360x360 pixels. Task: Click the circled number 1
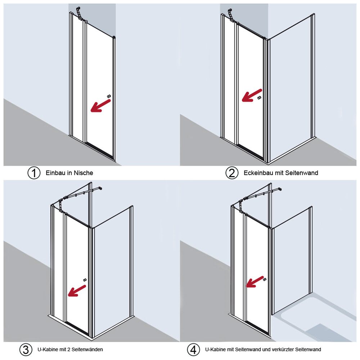click(34, 173)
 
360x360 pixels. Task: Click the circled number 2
click(231, 173)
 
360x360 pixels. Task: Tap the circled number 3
click(26, 350)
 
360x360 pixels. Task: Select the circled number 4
click(193, 350)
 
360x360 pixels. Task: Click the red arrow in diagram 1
click(100, 106)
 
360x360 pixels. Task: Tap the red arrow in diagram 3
click(77, 291)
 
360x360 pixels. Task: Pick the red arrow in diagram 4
click(255, 282)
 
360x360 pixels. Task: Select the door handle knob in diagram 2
click(259, 98)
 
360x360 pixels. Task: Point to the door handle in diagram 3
click(85, 280)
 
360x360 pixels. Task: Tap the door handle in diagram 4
click(265, 279)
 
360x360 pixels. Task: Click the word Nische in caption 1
click(84, 173)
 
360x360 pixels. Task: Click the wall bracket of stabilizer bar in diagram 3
click(100, 189)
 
